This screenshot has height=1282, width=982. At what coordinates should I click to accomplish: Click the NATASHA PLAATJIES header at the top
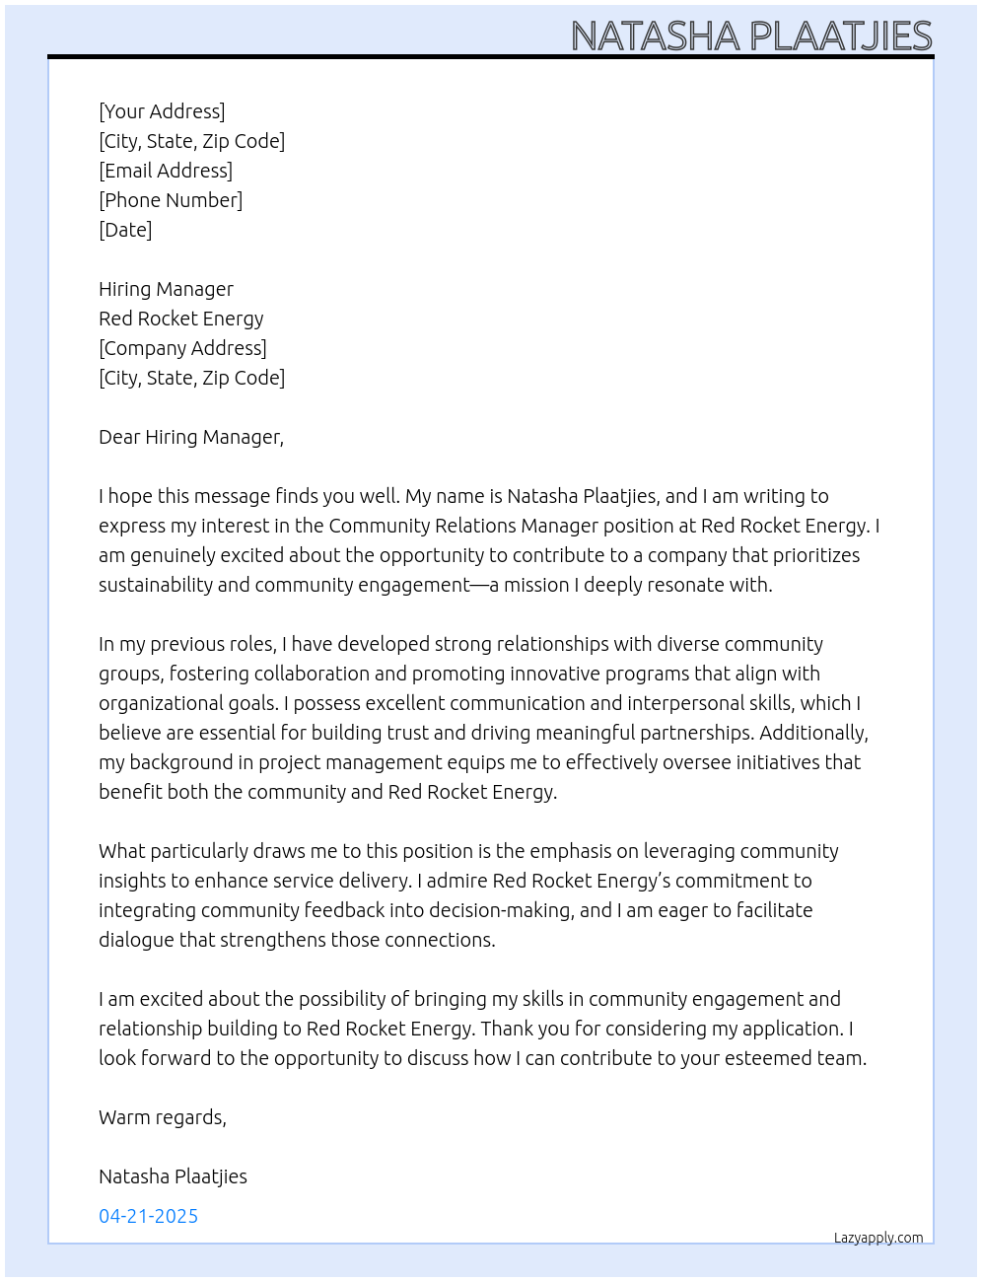(x=751, y=36)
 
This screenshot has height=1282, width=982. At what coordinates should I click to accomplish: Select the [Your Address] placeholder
(x=162, y=111)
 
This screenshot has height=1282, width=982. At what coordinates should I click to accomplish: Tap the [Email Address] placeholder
(x=166, y=171)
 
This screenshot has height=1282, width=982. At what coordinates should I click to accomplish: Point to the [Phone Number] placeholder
(x=171, y=200)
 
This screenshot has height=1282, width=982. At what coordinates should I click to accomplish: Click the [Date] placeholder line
(x=125, y=230)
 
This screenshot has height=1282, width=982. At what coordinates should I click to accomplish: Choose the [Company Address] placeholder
(x=182, y=348)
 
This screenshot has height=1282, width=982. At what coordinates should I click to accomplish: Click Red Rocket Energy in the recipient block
(x=181, y=319)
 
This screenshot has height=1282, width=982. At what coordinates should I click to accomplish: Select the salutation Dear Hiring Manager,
(x=191, y=437)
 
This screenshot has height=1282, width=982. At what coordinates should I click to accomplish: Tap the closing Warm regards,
(x=163, y=1117)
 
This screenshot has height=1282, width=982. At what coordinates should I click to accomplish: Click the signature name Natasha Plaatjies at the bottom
(x=173, y=1176)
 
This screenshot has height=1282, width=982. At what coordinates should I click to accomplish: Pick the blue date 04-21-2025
(x=149, y=1216)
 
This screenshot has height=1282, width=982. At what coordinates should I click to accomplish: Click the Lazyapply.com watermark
(x=878, y=1238)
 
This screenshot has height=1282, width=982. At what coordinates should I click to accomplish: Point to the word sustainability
(x=156, y=585)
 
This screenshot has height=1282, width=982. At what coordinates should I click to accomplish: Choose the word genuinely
(x=170, y=555)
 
